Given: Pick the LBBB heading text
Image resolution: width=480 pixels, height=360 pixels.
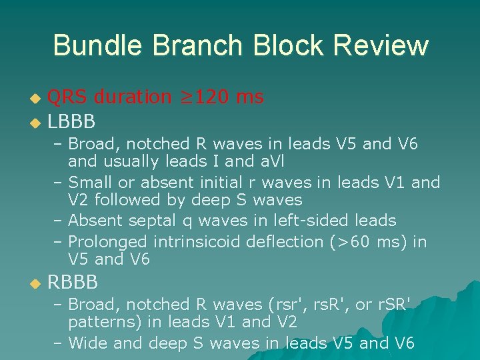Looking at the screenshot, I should point(71,121).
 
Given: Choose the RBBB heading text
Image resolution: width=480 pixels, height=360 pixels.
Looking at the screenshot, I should point(73,283).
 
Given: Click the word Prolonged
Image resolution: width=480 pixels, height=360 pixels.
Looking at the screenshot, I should point(109,241).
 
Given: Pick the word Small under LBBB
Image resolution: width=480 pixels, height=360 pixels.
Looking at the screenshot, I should point(89,182).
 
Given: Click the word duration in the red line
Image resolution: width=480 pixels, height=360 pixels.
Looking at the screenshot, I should point(133,97).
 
